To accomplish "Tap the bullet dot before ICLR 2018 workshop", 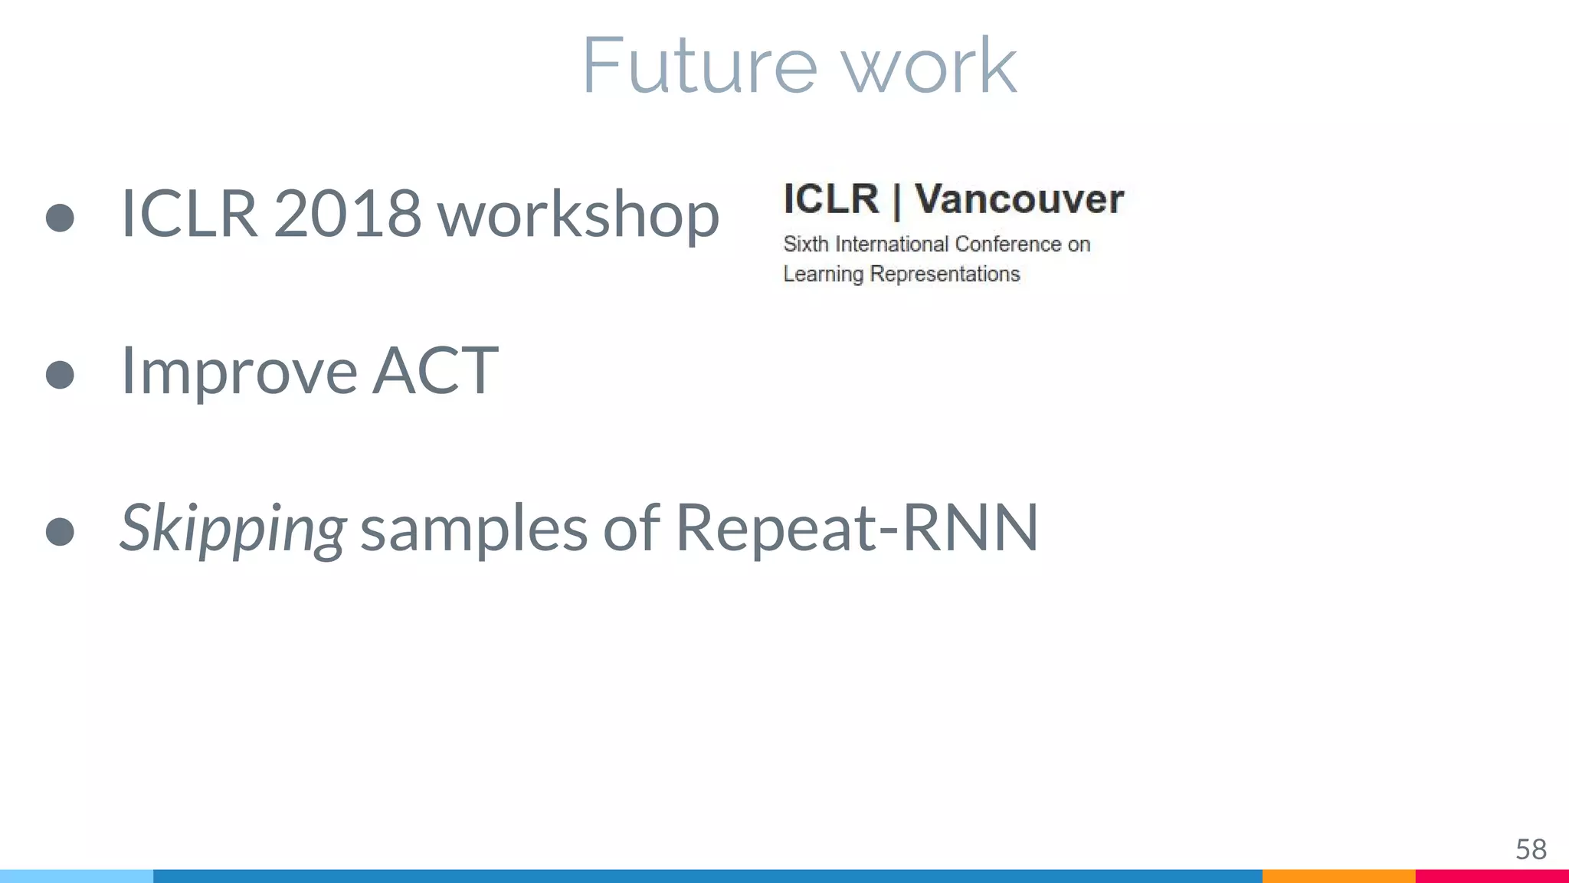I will click(60, 218).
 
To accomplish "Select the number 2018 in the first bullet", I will click(346, 214).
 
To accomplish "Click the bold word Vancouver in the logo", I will click(1019, 199).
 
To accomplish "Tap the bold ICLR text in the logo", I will click(831, 199).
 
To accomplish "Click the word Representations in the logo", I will click(945, 274).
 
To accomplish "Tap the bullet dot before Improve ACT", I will click(60, 375).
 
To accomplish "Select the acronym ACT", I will click(435, 371).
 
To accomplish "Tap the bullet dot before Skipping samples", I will click(60, 532).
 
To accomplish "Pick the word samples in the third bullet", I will click(473, 529).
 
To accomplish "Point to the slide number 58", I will click(1531, 849).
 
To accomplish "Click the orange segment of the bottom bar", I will click(1338, 876).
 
